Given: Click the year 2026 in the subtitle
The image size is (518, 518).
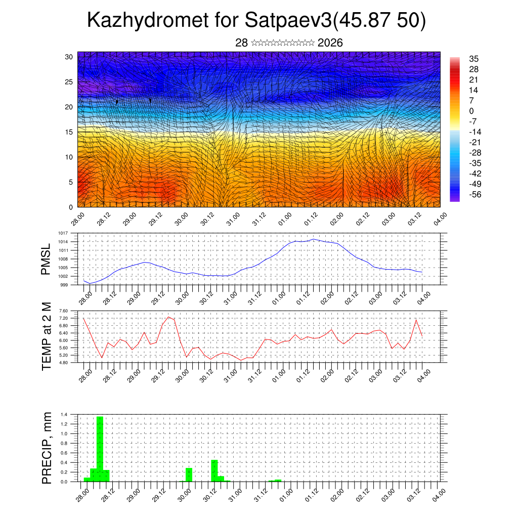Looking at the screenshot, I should (x=330, y=43).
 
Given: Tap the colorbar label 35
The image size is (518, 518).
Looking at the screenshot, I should (x=474, y=59).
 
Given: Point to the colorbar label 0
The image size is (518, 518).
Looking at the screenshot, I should (x=471, y=111).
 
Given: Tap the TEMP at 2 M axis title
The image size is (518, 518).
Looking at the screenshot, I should (x=47, y=336).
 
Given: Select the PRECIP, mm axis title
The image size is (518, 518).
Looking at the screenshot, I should (x=47, y=447).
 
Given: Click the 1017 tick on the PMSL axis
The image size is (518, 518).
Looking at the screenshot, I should (x=63, y=233).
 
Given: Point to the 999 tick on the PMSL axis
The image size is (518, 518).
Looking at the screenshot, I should (x=64, y=285).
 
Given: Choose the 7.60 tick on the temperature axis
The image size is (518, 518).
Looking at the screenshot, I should (x=64, y=311).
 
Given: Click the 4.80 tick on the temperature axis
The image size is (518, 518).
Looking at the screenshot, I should (x=64, y=363).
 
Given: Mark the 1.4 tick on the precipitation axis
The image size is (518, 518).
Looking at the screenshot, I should (x=65, y=414).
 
